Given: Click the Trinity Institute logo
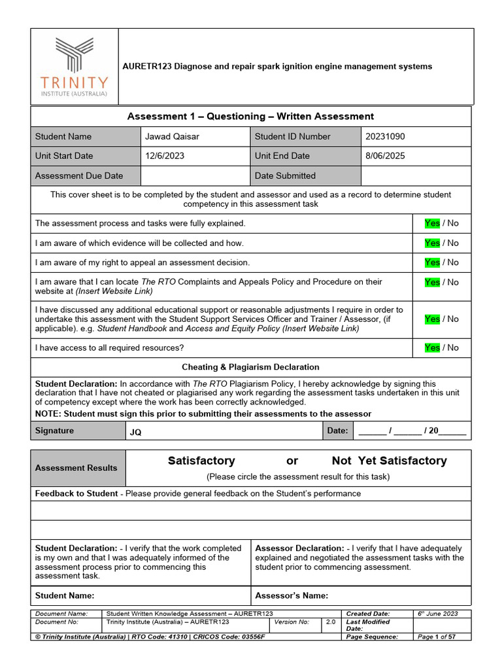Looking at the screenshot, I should [74, 67].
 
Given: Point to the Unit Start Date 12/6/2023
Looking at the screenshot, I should [165, 156].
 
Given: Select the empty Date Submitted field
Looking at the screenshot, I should [415, 176].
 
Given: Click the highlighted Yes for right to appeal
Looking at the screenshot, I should [432, 262].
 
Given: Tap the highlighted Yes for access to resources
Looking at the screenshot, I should [432, 347].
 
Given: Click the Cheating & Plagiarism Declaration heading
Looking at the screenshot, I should [250, 367].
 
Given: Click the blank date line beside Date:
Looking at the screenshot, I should [412, 431].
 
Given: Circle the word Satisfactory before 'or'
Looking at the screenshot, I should [201, 461].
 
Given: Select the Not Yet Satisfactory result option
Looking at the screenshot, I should [389, 461].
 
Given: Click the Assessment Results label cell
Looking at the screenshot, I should [76, 468].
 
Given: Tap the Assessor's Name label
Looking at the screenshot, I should [292, 595].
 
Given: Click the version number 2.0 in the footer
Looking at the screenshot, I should [330, 622].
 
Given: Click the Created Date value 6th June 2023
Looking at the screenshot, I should [438, 614].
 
